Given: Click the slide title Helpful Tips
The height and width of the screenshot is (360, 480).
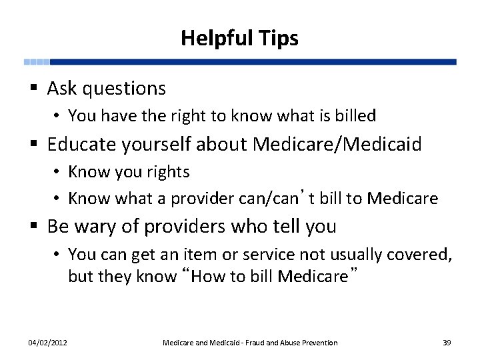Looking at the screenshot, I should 239,38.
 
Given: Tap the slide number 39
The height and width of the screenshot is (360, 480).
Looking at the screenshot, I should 447,343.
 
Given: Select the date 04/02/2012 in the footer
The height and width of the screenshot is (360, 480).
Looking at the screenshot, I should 47,343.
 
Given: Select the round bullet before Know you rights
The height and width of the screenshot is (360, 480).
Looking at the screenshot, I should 59,172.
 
